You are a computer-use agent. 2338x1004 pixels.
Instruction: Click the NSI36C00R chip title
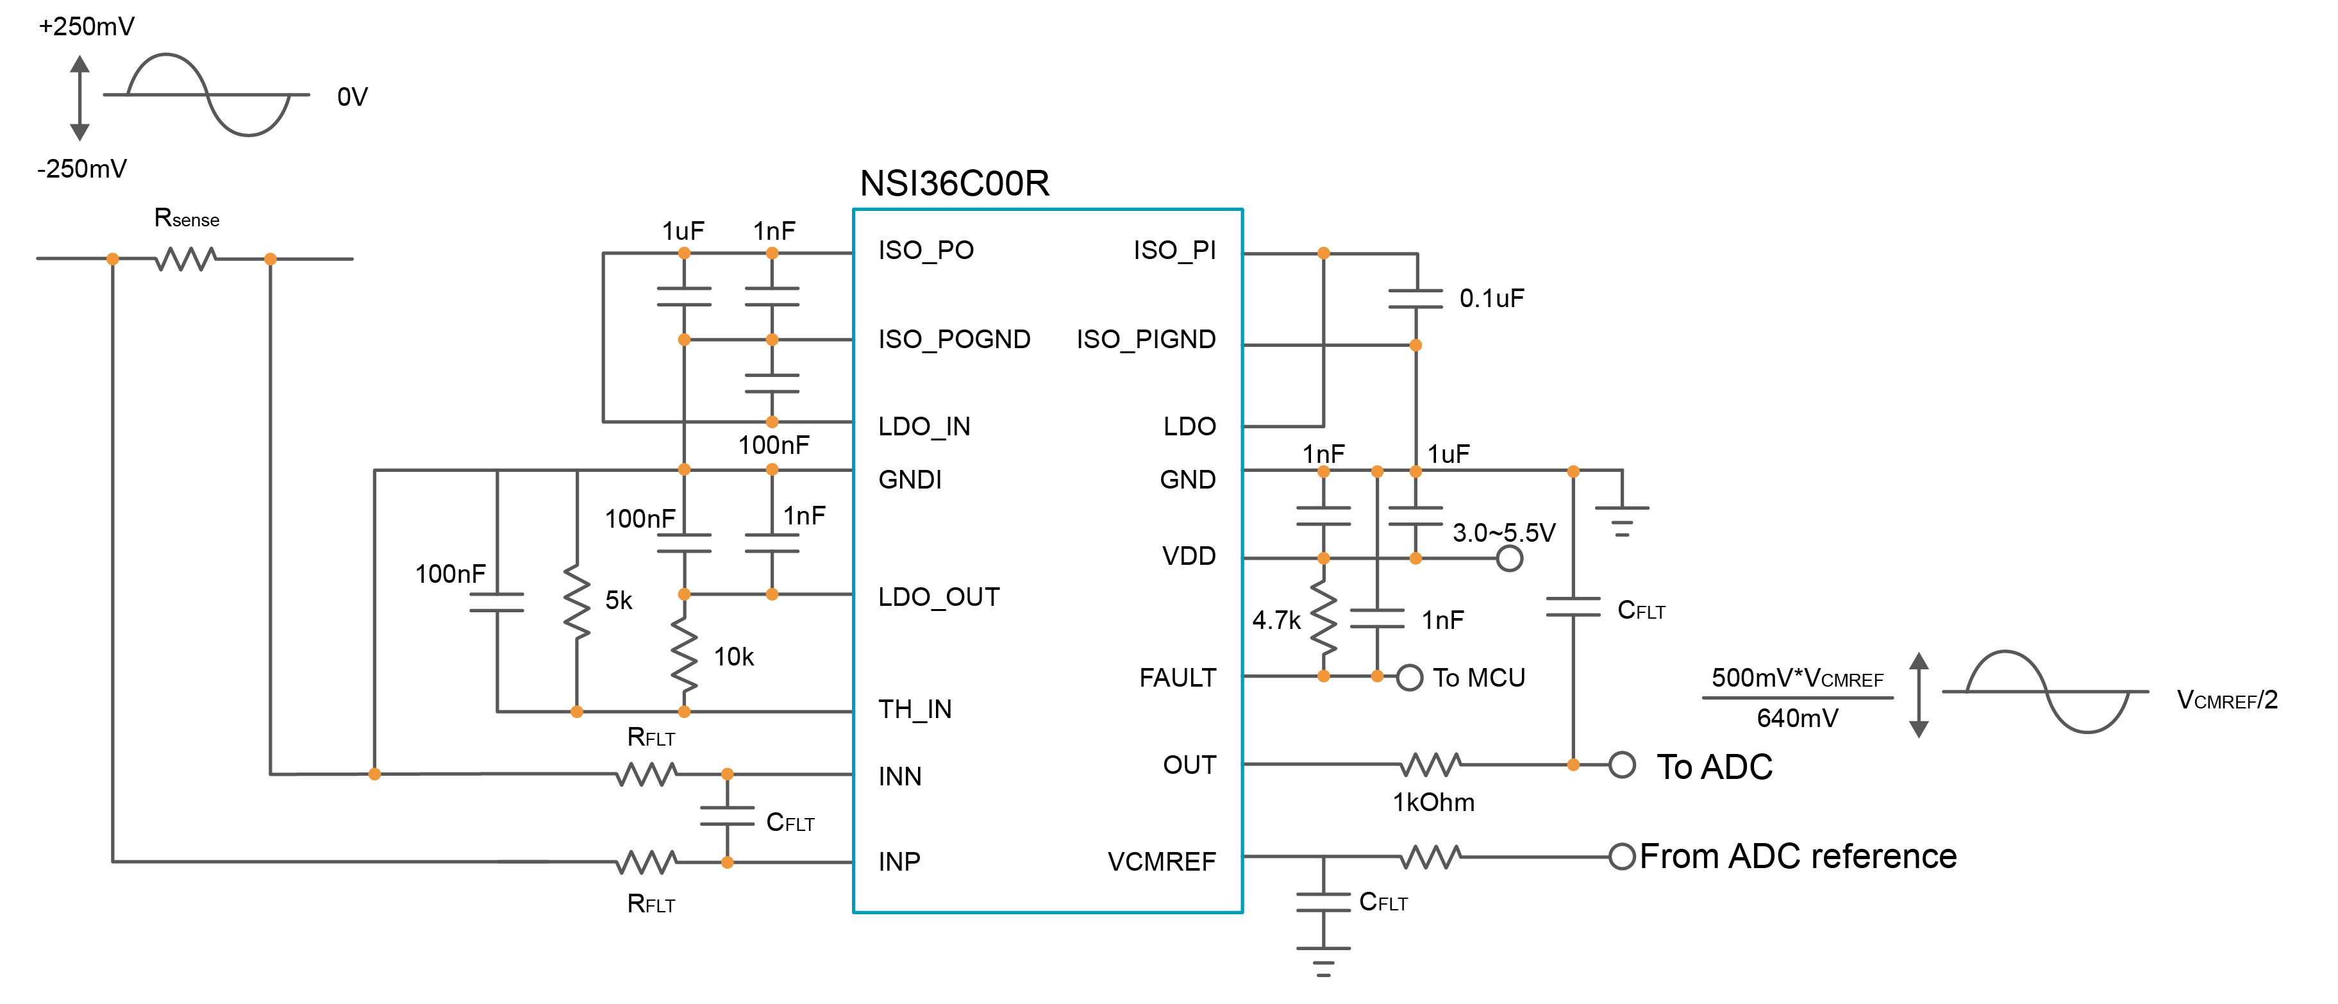click(x=954, y=183)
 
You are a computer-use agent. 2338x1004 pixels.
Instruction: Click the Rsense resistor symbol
click(x=185, y=260)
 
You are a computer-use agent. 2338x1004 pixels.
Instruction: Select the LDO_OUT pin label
click(x=939, y=598)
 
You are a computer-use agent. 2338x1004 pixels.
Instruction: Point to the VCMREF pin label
click(x=1161, y=862)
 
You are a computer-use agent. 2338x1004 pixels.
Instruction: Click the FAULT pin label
click(x=1177, y=678)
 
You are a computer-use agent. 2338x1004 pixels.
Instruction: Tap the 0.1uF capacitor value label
click(x=1491, y=299)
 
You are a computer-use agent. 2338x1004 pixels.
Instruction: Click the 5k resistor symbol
click(x=577, y=601)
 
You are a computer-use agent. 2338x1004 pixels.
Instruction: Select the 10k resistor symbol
click(x=684, y=655)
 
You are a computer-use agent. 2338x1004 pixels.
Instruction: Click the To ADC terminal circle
click(x=1622, y=766)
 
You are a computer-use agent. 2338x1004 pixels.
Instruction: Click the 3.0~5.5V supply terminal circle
click(x=1508, y=558)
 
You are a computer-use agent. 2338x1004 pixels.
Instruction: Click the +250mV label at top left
click(x=86, y=26)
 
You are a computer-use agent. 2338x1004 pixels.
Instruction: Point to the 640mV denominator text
click(x=1797, y=719)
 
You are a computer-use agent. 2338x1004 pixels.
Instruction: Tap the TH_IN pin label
click(x=915, y=710)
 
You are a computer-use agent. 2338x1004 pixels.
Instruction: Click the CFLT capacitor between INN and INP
click(x=727, y=816)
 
